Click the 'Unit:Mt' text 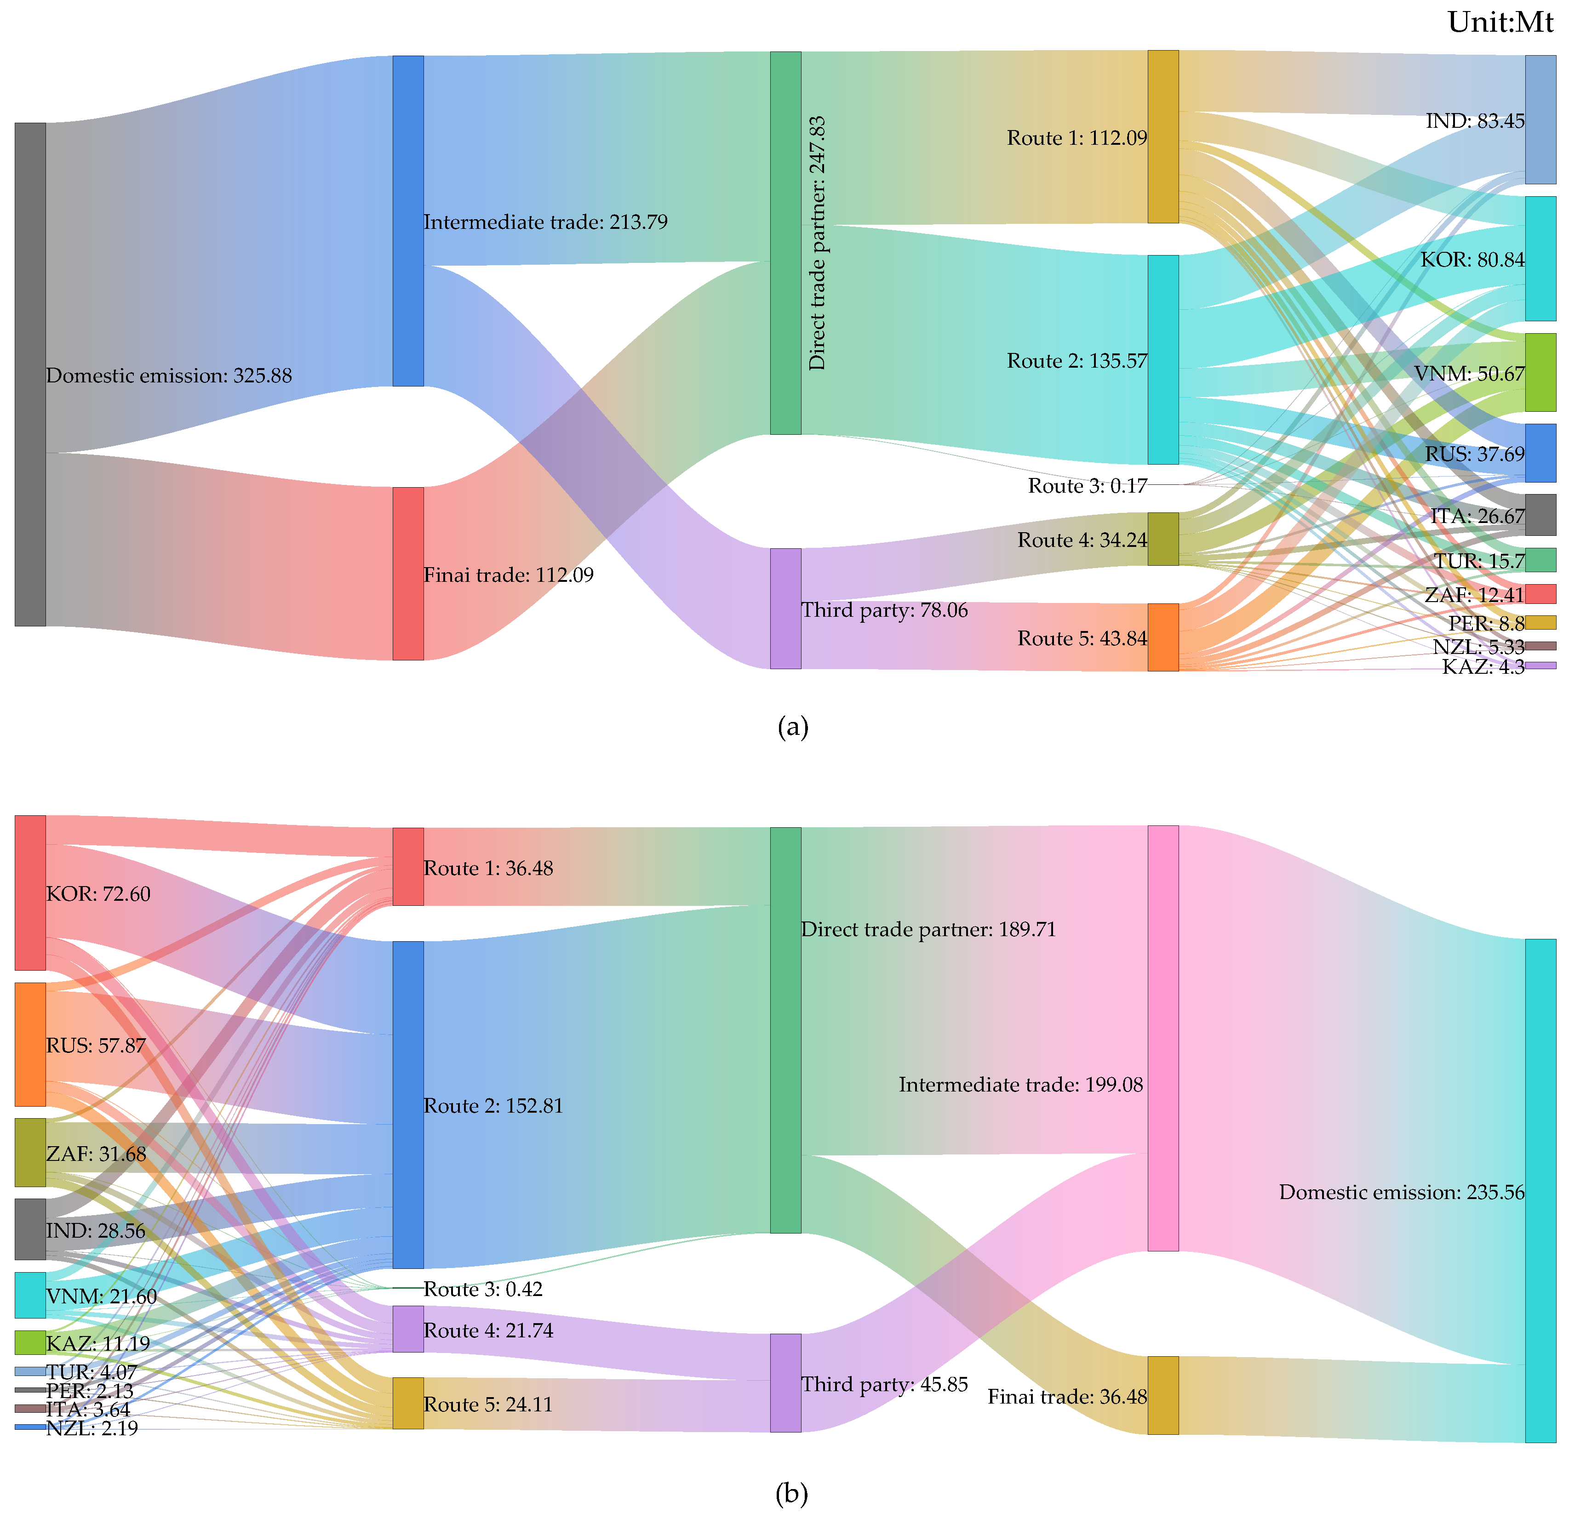tap(1500, 22)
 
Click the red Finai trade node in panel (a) tap(407, 573)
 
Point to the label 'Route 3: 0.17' tap(1087, 486)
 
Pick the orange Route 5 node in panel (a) tap(1162, 637)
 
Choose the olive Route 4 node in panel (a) tap(1162, 539)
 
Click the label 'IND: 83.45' tap(1475, 121)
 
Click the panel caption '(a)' tap(792, 727)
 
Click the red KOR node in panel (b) tap(29, 892)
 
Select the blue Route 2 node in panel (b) tap(407, 1104)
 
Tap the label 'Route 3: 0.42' tap(483, 1289)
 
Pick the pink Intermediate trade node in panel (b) tap(1162, 1038)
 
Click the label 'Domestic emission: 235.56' tap(1401, 1192)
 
